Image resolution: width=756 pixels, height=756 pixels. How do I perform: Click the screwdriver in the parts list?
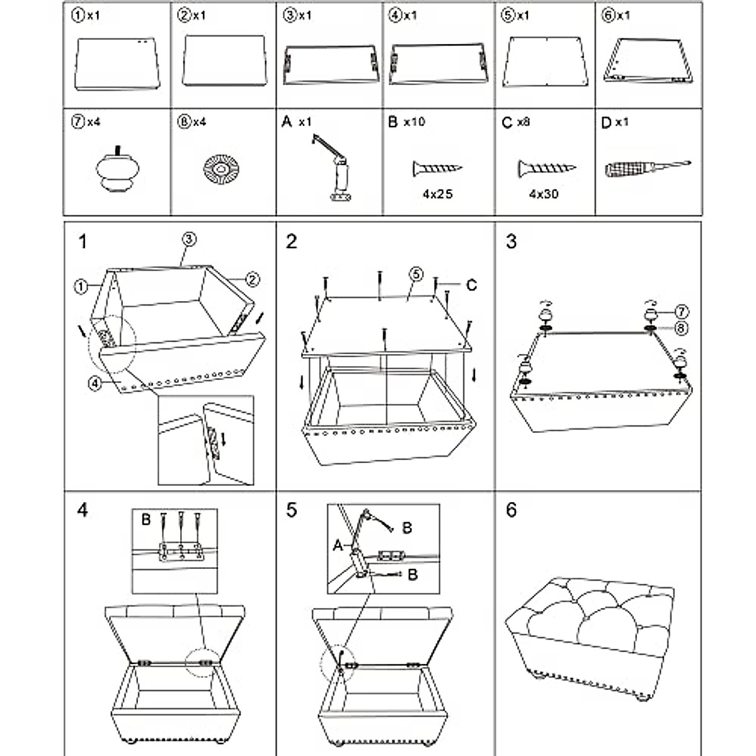pos(647,169)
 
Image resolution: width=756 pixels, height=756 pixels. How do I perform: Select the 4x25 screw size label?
pos(438,194)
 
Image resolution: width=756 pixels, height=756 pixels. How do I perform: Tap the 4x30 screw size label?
pos(544,194)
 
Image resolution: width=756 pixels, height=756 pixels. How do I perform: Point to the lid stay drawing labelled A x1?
pos(333,167)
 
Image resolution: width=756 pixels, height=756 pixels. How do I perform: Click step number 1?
pos(82,241)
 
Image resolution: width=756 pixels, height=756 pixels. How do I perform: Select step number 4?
pos(82,510)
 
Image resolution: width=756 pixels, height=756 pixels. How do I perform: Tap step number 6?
pos(511,510)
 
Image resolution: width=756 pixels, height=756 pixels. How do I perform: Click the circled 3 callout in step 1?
pos(189,239)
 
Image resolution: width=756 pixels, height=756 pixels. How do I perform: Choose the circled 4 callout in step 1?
pos(94,382)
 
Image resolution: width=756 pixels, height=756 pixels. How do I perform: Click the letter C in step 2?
pos(471,285)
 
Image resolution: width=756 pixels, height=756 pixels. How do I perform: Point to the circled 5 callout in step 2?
pos(416,274)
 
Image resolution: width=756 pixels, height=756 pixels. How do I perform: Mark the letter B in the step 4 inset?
pos(146,520)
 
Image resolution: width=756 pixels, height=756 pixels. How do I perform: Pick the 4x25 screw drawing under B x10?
pos(438,168)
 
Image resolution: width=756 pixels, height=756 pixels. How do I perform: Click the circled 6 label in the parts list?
pos(608,16)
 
